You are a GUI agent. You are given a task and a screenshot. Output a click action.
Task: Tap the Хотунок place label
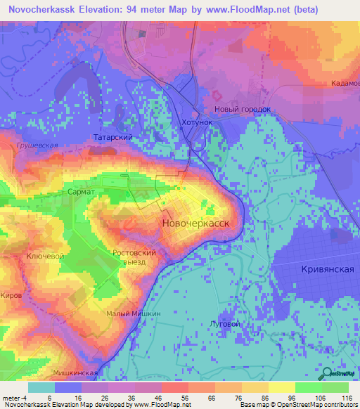click(x=196, y=122)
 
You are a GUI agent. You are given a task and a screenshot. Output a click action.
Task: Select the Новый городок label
click(x=243, y=110)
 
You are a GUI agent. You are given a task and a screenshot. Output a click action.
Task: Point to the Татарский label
click(x=114, y=138)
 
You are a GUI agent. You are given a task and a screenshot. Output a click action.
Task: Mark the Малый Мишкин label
click(x=134, y=314)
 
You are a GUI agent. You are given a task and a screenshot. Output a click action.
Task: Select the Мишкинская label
click(x=74, y=373)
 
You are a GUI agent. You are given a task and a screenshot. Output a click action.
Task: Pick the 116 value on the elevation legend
click(x=346, y=398)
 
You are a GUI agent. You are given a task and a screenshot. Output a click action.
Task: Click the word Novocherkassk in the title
click(x=40, y=10)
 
